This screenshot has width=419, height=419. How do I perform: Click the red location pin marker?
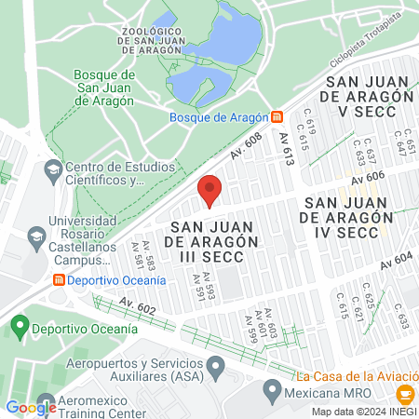click(210, 190)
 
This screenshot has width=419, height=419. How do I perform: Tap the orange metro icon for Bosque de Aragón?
click(277, 117)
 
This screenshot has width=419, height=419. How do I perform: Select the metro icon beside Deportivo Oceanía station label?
click(60, 279)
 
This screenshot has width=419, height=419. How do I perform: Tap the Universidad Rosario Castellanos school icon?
click(36, 235)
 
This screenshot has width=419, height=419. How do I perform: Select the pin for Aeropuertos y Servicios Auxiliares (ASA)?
click(215, 363)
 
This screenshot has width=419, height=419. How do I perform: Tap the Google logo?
click(31, 407)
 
